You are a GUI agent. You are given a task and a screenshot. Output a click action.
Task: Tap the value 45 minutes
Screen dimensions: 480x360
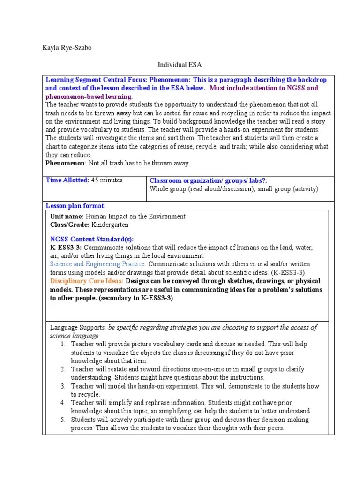pyautogui.click(x=107, y=180)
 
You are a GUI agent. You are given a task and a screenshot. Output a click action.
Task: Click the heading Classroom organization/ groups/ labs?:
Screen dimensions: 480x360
pyautogui.click(x=208, y=180)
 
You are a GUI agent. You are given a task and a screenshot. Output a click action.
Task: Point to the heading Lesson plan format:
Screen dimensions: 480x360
pyautogui.click(x=75, y=206)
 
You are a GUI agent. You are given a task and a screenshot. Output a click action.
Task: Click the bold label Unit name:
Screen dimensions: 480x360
pyautogui.click(x=67, y=217)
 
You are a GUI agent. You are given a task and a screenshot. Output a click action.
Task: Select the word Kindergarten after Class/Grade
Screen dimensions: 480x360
pyautogui.click(x=110, y=225)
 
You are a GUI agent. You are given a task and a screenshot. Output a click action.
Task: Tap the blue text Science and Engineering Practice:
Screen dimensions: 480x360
pyautogui.click(x=98, y=264)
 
